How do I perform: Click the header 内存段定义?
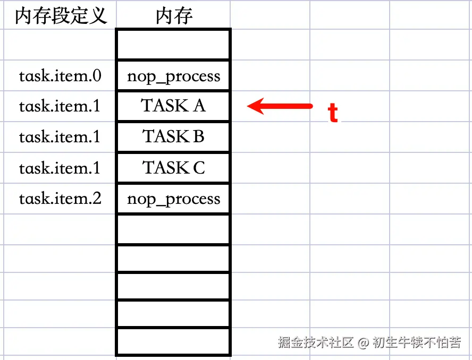[x=60, y=16]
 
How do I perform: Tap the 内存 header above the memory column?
[x=174, y=16]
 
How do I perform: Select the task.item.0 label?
[x=60, y=76]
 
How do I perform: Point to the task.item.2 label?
[x=60, y=199]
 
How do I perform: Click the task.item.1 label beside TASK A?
[x=60, y=106]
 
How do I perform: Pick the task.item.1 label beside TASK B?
[x=60, y=137]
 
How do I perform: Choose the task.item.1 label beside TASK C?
[x=60, y=168]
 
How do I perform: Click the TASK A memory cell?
[x=173, y=106]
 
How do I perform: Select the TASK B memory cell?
[x=173, y=137]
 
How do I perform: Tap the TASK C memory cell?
[x=173, y=168]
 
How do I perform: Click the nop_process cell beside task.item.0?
[x=173, y=76]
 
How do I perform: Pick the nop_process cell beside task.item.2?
[x=173, y=199]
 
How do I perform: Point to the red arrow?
[x=280, y=106]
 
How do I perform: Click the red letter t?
[x=333, y=113]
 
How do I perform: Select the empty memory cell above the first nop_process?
[x=173, y=45]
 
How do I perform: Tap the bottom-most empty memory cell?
[x=173, y=341]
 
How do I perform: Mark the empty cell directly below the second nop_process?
[x=173, y=229]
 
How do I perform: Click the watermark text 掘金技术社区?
[x=315, y=342]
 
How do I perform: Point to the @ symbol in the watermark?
[x=363, y=342]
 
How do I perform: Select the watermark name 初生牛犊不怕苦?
[x=416, y=342]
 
